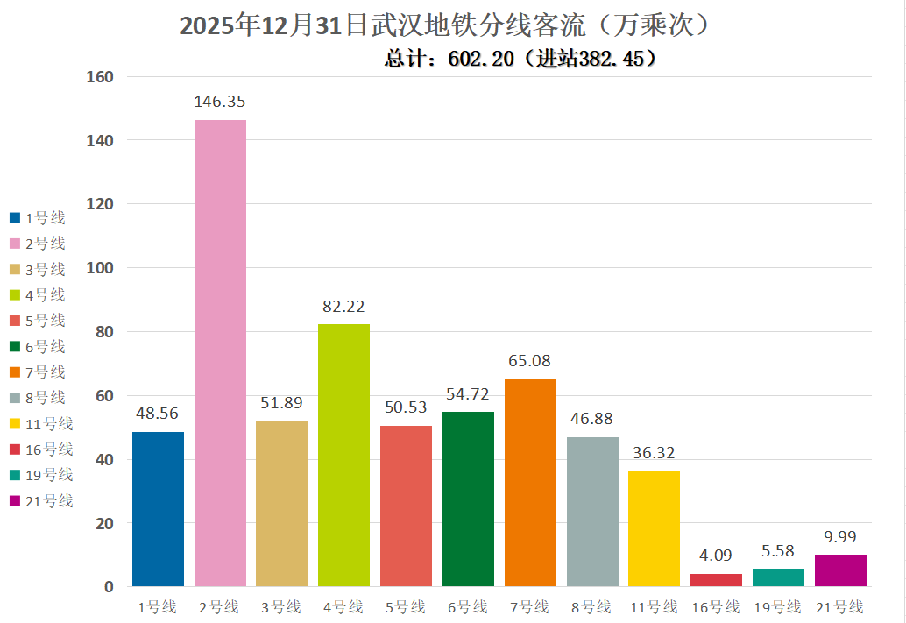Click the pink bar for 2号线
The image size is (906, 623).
pyautogui.click(x=220, y=353)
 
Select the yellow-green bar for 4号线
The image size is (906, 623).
pyautogui.click(x=343, y=455)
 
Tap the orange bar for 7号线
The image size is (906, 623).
pyautogui.click(x=530, y=483)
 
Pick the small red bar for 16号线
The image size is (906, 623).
pyautogui.click(x=716, y=580)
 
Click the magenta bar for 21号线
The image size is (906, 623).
pyautogui.click(x=840, y=570)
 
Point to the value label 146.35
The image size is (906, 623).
pyautogui.click(x=220, y=102)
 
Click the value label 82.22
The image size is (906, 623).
pyautogui.click(x=343, y=307)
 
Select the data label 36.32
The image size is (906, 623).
pyautogui.click(x=654, y=453)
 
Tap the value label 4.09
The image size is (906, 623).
pyautogui.click(x=716, y=555)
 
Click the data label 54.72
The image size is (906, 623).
pyautogui.click(x=468, y=394)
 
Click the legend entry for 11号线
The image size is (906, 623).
pyautogui.click(x=41, y=424)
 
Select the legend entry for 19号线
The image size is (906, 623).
pyautogui.click(x=41, y=475)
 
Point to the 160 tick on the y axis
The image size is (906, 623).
pyautogui.click(x=101, y=77)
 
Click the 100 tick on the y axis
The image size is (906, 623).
pyautogui.click(x=101, y=268)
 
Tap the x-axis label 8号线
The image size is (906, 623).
pyautogui.click(x=592, y=607)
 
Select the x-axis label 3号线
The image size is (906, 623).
pyautogui.click(x=281, y=607)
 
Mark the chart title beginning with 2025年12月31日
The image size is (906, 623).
pyautogui.click(x=444, y=26)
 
